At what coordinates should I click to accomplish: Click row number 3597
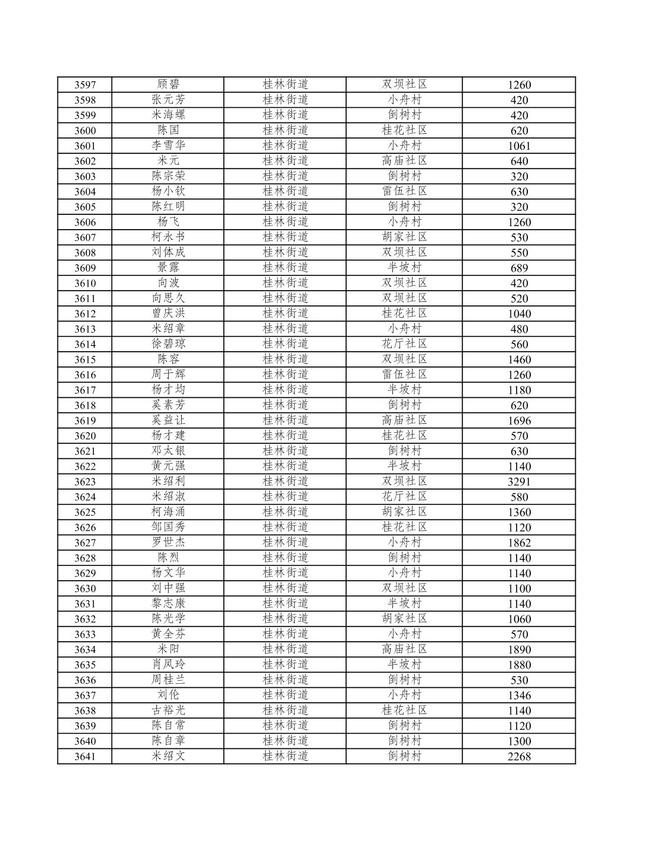pos(85,85)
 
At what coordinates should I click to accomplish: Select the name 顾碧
pos(168,85)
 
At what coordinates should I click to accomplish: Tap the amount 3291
pos(519,482)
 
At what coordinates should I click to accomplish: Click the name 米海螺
pos(168,115)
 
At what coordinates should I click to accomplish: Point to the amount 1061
pos(519,146)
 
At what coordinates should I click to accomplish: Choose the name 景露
pos(168,268)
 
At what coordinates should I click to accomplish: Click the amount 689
pos(519,268)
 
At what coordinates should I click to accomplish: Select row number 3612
pos(85,314)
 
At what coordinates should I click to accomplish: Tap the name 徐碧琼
pos(168,344)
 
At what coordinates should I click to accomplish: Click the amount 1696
pos(519,421)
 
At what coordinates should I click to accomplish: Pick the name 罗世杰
pos(168,542)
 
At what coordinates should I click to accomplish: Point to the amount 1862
pos(519,543)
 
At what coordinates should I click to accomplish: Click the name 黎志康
pos(168,603)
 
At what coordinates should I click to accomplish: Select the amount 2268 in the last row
pos(519,757)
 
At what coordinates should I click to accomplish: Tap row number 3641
pos(85,757)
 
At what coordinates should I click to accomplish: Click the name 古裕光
pos(168,710)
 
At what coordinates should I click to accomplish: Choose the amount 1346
pos(519,696)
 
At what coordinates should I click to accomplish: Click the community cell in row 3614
pos(404,344)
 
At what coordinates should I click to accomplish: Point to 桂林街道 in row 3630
pos(285,588)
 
